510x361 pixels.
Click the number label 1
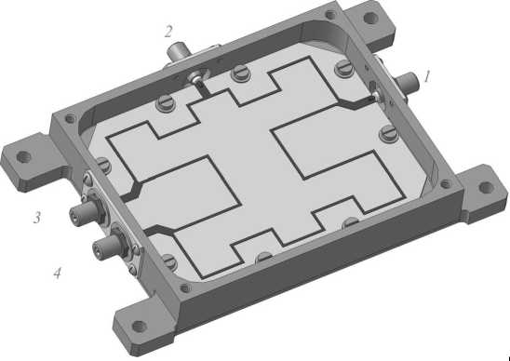point(427,76)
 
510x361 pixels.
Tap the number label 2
point(168,32)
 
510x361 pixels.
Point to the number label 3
point(37,218)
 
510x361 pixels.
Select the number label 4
point(57,274)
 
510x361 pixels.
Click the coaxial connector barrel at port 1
point(406,81)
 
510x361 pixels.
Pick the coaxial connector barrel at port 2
point(177,53)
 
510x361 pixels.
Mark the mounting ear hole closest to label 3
point(24,157)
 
